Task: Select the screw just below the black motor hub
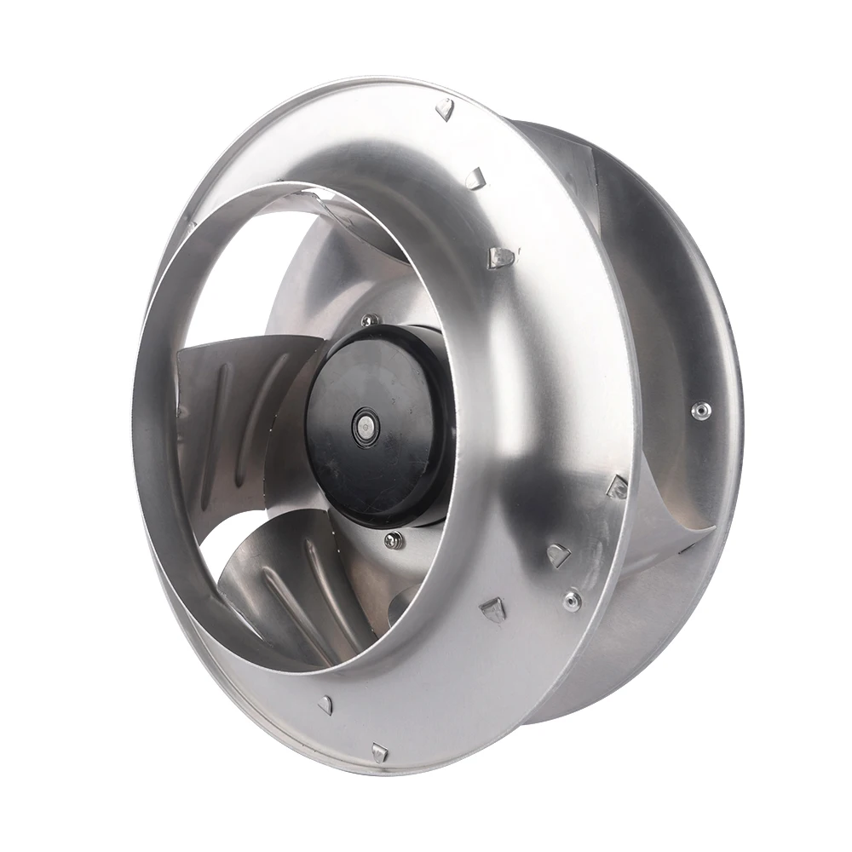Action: point(393,539)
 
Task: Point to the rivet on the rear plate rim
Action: point(700,411)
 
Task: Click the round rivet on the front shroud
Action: point(572,600)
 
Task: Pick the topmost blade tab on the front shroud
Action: point(445,108)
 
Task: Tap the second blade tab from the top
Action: point(475,177)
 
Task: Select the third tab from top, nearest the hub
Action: point(502,256)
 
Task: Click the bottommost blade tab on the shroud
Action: point(379,751)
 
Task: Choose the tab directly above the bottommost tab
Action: point(325,704)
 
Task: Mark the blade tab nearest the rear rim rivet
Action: point(617,486)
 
